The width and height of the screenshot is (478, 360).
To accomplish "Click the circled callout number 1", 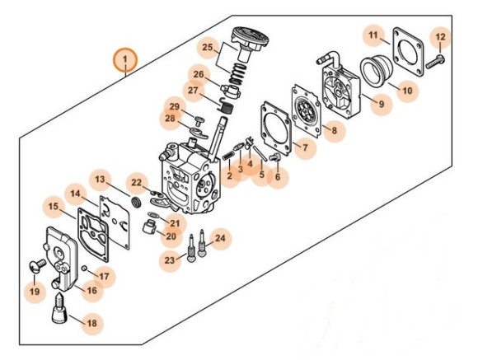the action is tap(125, 59).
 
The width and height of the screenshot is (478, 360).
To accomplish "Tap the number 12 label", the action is tap(441, 37).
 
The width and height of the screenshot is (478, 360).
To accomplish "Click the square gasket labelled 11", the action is tap(407, 52).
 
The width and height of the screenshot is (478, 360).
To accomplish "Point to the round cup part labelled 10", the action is tap(376, 71).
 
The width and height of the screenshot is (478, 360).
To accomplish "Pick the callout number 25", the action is tap(208, 48).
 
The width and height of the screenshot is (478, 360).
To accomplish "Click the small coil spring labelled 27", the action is tap(226, 106).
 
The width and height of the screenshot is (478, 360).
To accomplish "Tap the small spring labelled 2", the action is tap(227, 157).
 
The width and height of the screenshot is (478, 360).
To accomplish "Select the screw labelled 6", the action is tap(276, 157).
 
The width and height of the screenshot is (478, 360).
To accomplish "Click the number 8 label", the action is tap(335, 130).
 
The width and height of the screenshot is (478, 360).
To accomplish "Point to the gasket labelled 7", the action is tap(275, 129).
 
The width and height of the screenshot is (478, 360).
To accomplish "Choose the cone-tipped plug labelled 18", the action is tap(59, 309).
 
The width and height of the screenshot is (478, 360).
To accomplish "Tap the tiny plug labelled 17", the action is tap(85, 268).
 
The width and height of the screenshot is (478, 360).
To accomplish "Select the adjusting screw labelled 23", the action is tap(191, 248).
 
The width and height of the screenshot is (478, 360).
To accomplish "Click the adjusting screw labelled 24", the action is tap(202, 243).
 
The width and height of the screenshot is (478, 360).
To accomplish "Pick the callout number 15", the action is tap(54, 207).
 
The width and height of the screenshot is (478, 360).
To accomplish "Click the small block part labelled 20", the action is tap(149, 227).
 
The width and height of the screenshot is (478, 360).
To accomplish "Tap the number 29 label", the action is tap(175, 107).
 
